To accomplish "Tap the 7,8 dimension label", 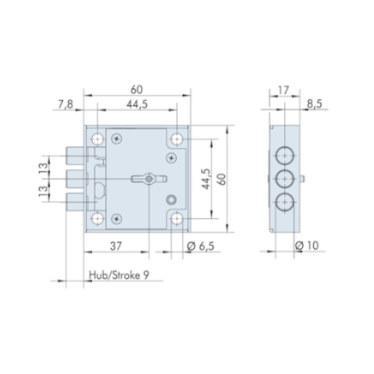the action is [66, 104].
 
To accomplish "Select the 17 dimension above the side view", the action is [283, 91].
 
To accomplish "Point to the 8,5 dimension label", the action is [314, 104].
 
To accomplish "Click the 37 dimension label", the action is [116, 246].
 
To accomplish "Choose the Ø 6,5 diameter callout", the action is [200, 246].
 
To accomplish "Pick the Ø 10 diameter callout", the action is [307, 246].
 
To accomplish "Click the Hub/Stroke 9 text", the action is [119, 275].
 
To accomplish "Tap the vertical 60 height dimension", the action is [222, 179].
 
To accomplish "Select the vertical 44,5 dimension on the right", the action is [206, 179].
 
